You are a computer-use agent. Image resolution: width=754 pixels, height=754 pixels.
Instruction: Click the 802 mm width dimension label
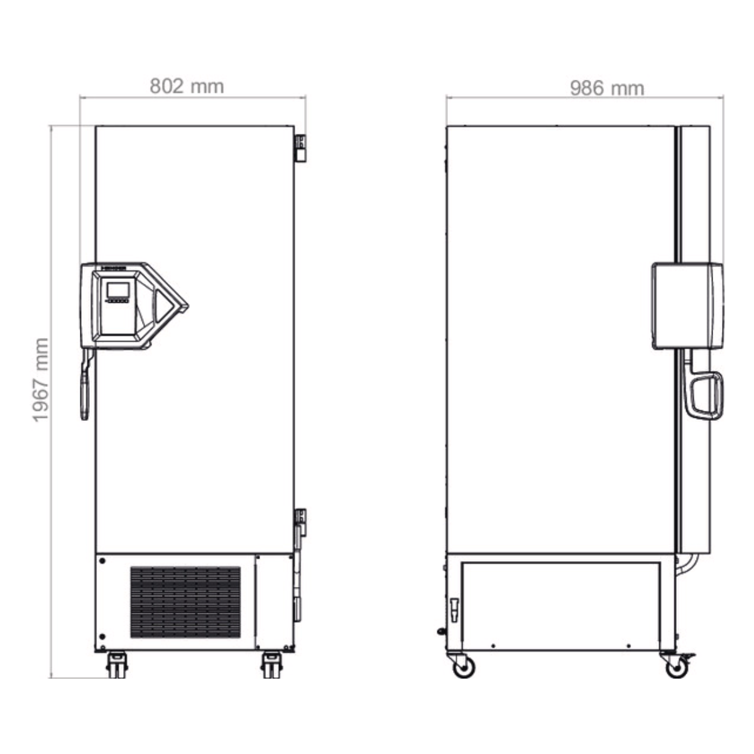click(187, 86)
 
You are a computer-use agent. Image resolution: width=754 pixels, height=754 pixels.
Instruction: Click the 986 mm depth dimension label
click(607, 89)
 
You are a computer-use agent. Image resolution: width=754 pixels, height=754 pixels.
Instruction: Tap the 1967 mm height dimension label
click(41, 380)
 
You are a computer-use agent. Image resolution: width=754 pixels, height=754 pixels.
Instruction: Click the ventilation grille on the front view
click(185, 602)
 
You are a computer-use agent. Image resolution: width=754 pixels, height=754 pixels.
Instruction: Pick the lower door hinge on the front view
click(300, 522)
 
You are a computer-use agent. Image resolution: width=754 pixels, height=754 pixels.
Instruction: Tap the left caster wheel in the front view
click(117, 664)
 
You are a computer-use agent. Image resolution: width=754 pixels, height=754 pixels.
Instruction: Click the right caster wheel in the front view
click(271, 664)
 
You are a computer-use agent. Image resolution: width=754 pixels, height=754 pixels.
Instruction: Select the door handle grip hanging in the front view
click(85, 385)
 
